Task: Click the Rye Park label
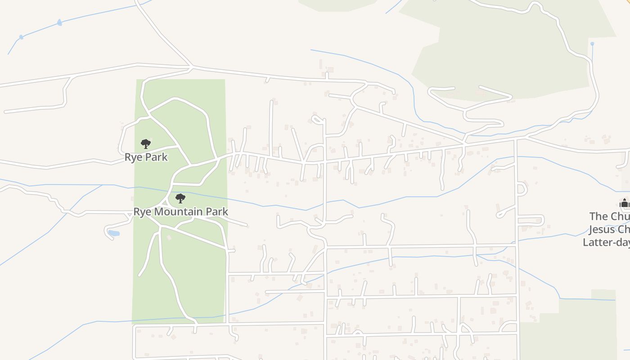click(146, 157)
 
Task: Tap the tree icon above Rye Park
click(145, 144)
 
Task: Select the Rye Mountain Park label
click(180, 211)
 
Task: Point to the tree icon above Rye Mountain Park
click(180, 198)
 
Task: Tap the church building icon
click(624, 203)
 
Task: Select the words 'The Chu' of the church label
click(610, 216)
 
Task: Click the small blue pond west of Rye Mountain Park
click(114, 234)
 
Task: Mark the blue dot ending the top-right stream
click(592, 44)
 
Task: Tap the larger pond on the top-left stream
click(59, 22)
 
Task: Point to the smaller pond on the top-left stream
click(21, 37)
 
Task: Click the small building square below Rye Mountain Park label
click(169, 237)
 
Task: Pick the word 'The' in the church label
click(598, 216)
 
